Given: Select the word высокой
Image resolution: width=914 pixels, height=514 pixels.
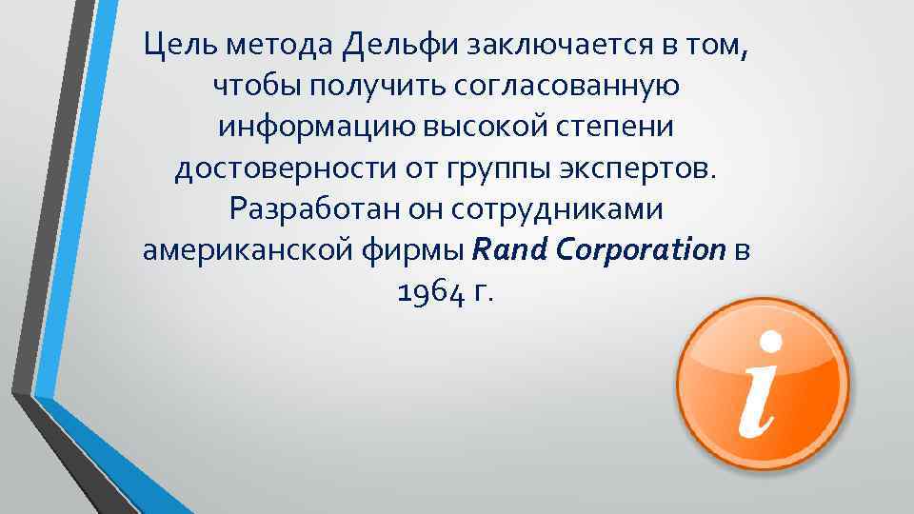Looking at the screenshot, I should (x=480, y=128).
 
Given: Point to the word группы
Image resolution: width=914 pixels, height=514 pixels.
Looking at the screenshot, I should (x=491, y=169).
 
